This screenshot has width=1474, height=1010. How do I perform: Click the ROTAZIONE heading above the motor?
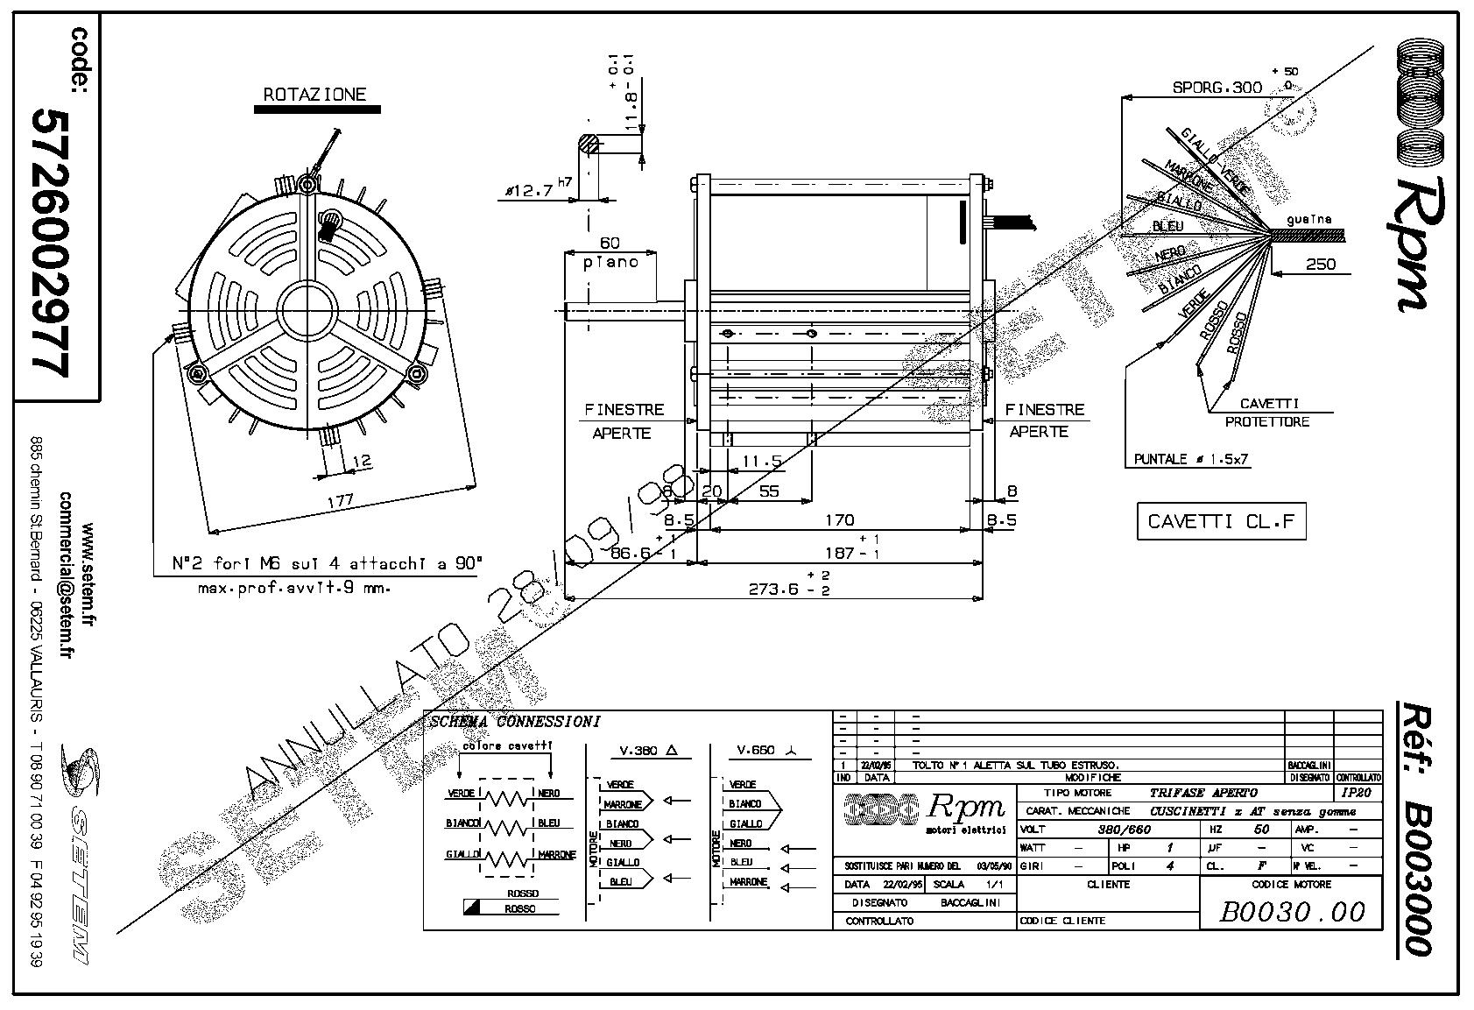coord(315,95)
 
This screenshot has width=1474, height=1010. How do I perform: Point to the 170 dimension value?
coord(839,520)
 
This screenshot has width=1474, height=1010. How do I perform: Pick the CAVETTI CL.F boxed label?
coord(1220,522)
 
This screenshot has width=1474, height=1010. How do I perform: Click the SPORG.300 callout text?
coord(1217,88)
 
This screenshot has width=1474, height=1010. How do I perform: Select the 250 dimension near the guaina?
coord(1321,264)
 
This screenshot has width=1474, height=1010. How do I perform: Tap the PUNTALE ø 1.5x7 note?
coord(1190,459)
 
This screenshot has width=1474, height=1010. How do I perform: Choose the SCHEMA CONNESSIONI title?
coord(516,723)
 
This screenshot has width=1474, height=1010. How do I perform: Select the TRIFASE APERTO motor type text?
coord(1203,793)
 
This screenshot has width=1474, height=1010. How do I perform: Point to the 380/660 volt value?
coord(1125,829)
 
